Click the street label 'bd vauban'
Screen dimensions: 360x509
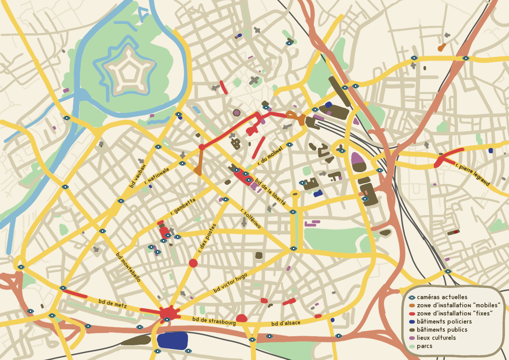click(138, 176)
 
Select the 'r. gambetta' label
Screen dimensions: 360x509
click(183, 206)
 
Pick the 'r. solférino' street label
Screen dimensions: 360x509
click(251, 218)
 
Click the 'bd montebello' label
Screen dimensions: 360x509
click(128, 267)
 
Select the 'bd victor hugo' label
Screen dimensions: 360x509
click(230, 283)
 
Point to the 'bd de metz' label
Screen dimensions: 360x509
click(112, 303)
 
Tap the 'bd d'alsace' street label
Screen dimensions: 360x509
click(286, 323)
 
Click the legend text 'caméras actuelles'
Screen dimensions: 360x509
click(442, 297)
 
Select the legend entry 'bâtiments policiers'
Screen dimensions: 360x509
click(444, 321)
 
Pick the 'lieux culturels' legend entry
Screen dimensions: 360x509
click(436, 338)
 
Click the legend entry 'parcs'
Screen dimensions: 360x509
click(424, 346)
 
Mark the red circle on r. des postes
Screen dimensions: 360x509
click(193, 263)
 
